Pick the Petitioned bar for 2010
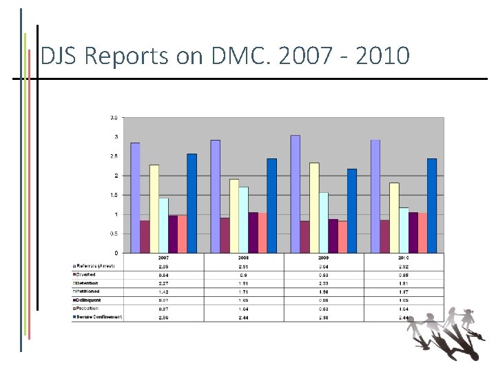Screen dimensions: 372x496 click(404, 230)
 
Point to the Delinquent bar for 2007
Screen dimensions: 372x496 click(173, 234)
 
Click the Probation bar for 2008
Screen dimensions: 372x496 click(262, 233)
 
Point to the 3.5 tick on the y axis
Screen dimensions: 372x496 click(114, 118)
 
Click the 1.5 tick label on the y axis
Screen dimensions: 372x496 click(114, 195)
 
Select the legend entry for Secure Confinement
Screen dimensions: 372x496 click(99, 317)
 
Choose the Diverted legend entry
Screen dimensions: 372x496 click(88, 274)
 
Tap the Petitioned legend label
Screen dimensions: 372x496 click(90, 291)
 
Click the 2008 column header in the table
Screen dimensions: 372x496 click(244, 257)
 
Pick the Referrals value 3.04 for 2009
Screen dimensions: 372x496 click(324, 266)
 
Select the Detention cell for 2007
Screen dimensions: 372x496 click(164, 283)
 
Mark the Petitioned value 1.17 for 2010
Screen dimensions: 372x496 click(404, 291)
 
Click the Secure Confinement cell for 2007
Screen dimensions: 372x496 click(164, 317)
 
